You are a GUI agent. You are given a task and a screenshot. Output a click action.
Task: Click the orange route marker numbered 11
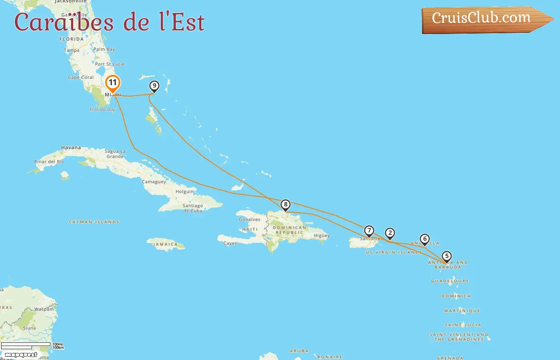113,83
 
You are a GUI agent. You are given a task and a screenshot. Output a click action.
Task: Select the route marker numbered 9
154,86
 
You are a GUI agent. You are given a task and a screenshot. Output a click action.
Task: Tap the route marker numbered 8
285,205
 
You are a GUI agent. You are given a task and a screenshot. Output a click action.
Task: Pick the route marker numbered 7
369,231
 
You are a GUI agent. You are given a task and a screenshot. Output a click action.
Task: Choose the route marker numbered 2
390,233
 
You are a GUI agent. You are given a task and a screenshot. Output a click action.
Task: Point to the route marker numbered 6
425,239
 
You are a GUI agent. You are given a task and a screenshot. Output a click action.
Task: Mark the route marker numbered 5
446,256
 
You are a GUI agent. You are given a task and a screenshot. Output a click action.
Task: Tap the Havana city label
71,148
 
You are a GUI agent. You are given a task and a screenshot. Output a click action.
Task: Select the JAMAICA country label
165,244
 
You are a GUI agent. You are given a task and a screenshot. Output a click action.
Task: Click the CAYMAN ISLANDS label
94,222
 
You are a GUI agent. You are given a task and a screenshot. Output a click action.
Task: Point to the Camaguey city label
154,182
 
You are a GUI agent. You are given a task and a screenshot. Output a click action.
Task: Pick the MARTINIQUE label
462,311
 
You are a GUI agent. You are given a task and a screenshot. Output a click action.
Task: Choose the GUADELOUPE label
450,281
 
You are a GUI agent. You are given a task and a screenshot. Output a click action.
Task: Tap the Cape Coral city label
81,78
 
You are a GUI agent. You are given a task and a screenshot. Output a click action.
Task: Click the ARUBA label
299,351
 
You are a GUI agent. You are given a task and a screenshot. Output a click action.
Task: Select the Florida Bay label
102,110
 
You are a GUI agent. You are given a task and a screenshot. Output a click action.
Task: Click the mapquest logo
21,355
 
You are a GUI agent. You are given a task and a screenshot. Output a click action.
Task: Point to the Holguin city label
184,192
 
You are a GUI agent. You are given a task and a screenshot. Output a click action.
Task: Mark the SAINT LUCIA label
463,325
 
